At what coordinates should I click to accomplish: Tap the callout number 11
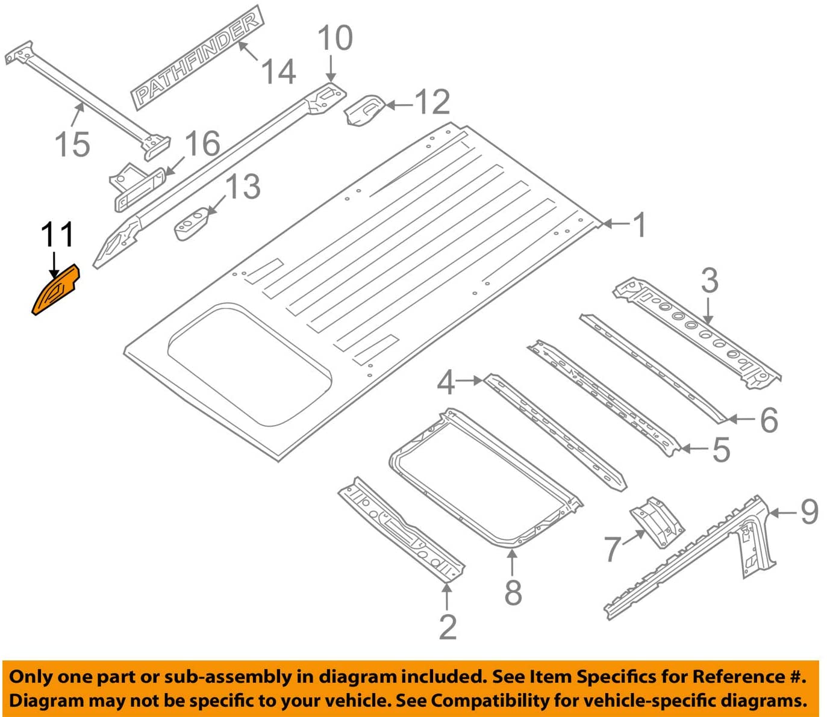(x=57, y=234)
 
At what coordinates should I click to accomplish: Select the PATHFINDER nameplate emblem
(x=196, y=58)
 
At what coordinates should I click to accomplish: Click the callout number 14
(x=278, y=72)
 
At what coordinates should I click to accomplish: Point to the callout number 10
(x=335, y=38)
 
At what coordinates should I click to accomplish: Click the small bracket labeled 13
(x=192, y=223)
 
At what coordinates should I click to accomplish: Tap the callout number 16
(x=202, y=144)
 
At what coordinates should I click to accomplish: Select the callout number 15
(x=72, y=145)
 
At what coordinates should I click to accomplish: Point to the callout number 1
(x=639, y=225)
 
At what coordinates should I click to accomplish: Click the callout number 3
(x=710, y=281)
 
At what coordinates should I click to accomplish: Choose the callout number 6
(x=769, y=420)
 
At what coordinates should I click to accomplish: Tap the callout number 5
(x=721, y=450)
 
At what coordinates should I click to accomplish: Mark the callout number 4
(x=446, y=382)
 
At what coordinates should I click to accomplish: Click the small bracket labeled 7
(x=657, y=521)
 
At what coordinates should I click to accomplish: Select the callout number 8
(x=513, y=592)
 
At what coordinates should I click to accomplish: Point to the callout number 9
(x=810, y=512)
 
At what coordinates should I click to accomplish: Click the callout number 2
(x=448, y=627)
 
